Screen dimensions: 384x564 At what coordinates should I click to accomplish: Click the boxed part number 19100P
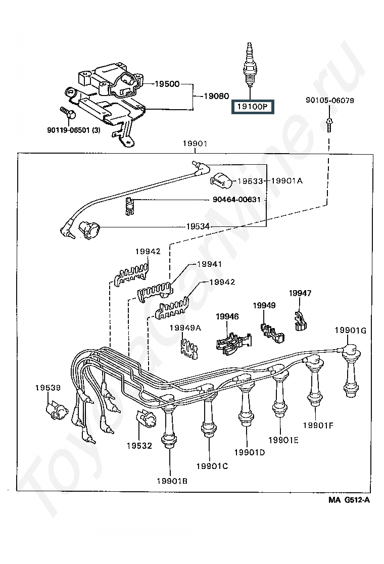tap(253, 107)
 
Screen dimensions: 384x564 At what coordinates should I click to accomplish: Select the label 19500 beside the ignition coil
tap(167, 84)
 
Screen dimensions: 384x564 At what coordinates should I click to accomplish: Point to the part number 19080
tap(216, 96)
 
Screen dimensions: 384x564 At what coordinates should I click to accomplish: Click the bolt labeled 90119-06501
tap(68, 113)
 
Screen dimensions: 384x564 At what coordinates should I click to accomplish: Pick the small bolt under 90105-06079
tap(329, 125)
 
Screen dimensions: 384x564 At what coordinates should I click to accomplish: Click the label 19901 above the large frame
tap(195, 144)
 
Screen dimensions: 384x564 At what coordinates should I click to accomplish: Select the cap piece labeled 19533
tap(221, 180)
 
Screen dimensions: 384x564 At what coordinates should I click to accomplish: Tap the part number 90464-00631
tap(236, 199)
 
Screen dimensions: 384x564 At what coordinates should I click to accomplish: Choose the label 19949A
tap(185, 327)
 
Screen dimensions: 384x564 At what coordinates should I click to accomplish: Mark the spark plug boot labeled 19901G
tap(351, 370)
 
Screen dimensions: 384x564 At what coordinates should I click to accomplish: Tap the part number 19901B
tap(172, 481)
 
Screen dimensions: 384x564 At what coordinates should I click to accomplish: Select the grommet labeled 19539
tap(57, 410)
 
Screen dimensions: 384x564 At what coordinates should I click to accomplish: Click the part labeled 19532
tap(146, 418)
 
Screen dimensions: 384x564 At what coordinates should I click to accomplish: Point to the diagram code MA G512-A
tap(349, 500)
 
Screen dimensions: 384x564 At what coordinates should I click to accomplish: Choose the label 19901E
tap(283, 440)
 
